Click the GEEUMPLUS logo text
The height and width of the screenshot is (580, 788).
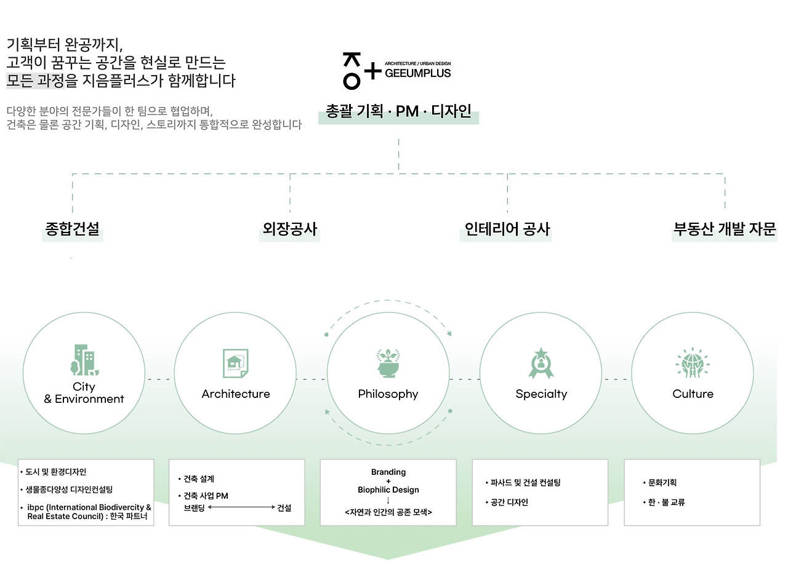(x=417, y=73)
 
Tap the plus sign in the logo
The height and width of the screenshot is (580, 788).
(x=373, y=71)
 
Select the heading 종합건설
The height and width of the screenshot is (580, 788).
(x=72, y=229)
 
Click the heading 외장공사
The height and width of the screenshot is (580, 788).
(x=290, y=229)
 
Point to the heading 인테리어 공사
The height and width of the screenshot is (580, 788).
(x=507, y=229)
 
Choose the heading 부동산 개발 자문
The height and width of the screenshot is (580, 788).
(x=725, y=229)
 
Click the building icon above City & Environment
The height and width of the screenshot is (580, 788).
(x=84, y=360)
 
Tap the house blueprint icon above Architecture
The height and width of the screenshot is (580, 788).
(x=236, y=363)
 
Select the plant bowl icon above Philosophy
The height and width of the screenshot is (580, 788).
(x=388, y=363)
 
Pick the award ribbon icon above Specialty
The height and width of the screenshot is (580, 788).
(x=541, y=363)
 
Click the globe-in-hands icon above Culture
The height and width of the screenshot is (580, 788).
(x=693, y=363)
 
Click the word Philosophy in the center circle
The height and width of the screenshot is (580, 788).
(x=388, y=394)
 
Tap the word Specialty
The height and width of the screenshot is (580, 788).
(x=541, y=394)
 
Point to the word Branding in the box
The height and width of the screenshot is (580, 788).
(x=388, y=472)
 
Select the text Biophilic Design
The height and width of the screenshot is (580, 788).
(x=388, y=490)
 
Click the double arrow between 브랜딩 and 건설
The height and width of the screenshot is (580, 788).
(x=241, y=507)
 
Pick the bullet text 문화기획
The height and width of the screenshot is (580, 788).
(x=662, y=482)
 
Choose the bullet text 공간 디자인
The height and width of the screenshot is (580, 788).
(x=509, y=503)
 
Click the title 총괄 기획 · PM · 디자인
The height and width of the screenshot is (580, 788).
(x=398, y=111)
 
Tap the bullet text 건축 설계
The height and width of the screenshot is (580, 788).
(x=199, y=479)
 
